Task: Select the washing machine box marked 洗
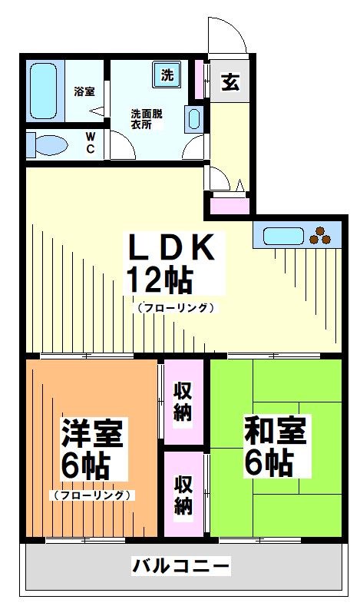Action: click(x=167, y=75)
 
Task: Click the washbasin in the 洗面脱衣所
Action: click(x=193, y=119)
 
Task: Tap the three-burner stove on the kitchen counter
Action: click(x=322, y=235)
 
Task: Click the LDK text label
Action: click(x=174, y=247)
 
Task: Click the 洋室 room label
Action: click(x=94, y=434)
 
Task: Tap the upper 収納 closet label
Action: click(x=183, y=401)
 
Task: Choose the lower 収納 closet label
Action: click(x=183, y=495)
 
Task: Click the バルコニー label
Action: click(x=181, y=567)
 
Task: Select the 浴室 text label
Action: click(x=84, y=92)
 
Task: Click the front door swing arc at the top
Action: click(x=228, y=35)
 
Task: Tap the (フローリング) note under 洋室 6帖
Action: click(x=93, y=495)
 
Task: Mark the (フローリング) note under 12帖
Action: click(x=176, y=308)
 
